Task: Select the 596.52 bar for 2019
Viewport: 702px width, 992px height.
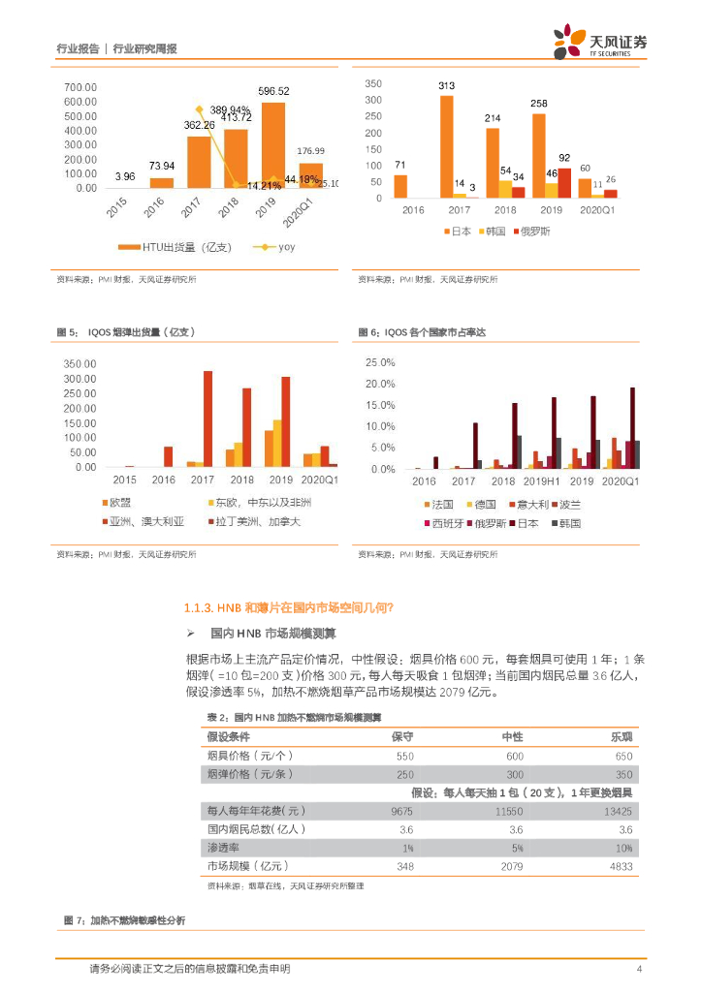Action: click(273, 145)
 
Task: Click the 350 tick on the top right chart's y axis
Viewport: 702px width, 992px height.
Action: click(372, 84)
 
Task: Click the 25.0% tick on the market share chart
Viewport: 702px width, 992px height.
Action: click(379, 362)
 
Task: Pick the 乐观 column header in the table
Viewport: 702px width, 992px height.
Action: click(622, 736)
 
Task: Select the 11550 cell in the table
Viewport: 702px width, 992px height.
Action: click(509, 810)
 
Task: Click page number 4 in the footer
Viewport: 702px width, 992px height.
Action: click(639, 969)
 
